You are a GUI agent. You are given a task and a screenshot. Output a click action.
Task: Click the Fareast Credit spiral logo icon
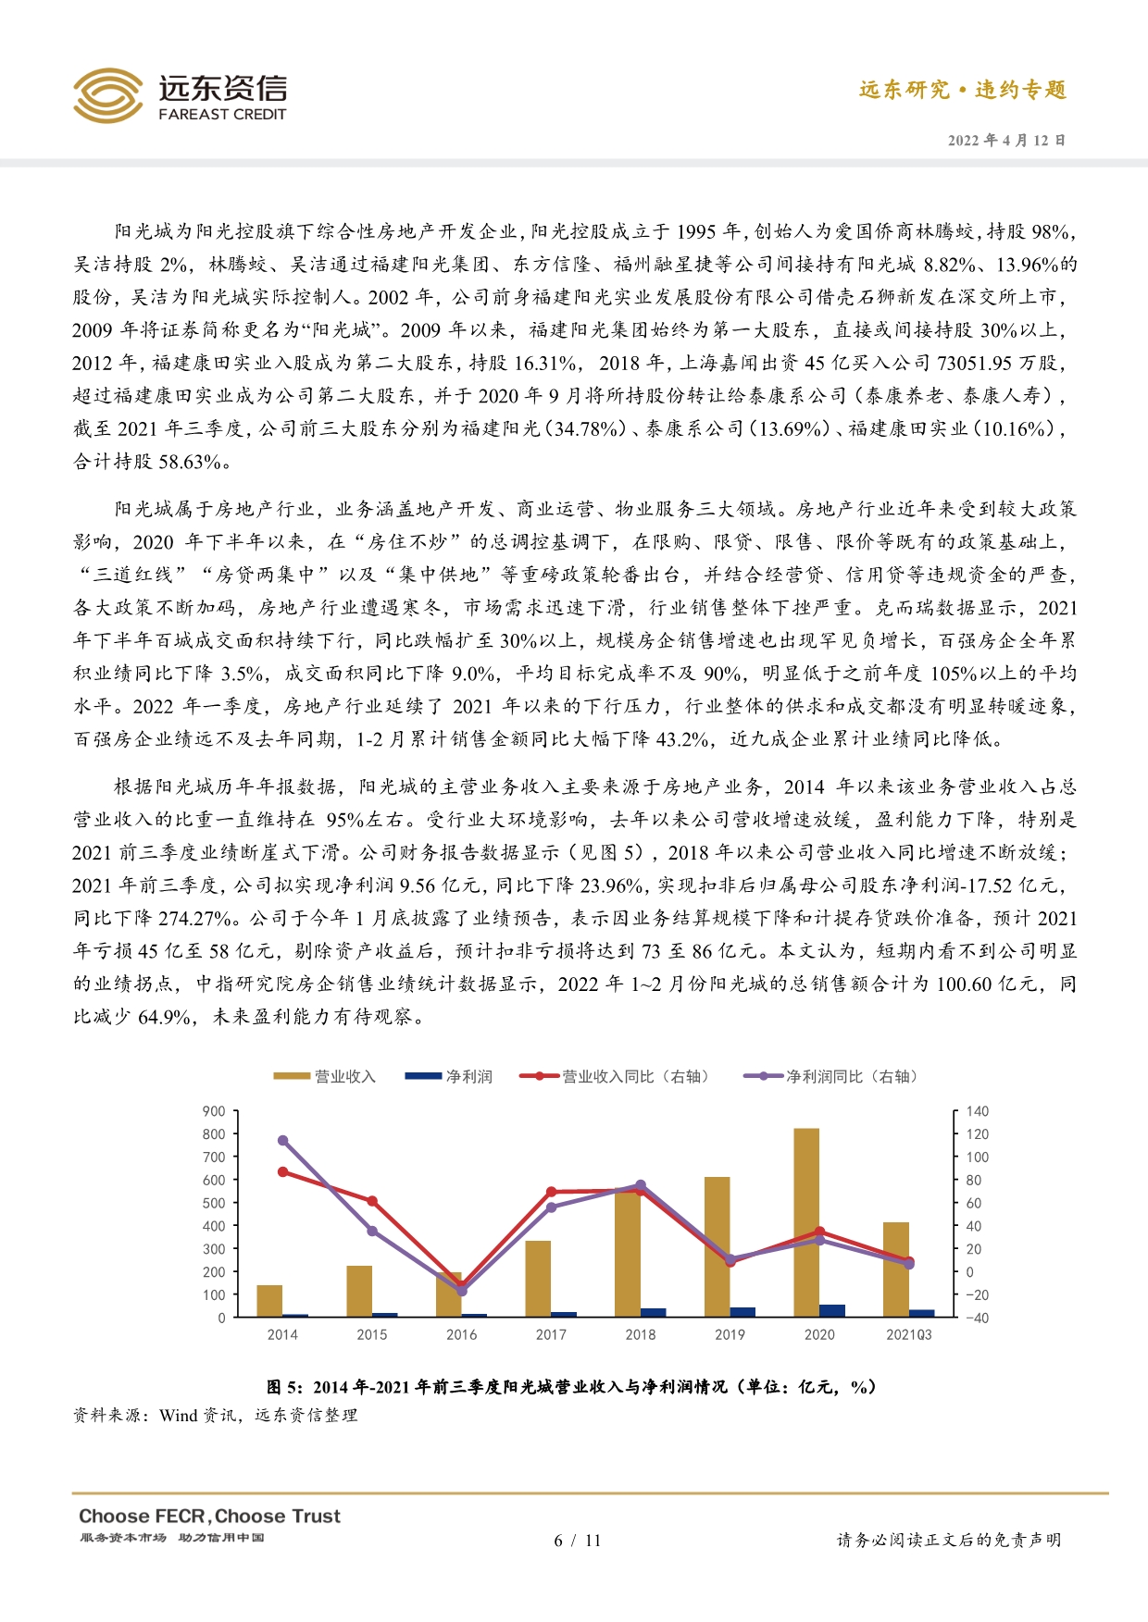pos(108,95)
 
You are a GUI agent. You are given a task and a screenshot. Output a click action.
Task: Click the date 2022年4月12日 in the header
pos(1006,141)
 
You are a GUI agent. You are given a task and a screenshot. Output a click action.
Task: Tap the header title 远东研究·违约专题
pos(963,90)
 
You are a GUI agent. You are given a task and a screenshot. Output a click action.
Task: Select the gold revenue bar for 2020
pos(806,1221)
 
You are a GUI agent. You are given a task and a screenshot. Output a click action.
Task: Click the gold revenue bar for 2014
pos(269,1300)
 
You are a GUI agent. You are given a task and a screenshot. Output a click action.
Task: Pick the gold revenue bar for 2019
pos(717,1245)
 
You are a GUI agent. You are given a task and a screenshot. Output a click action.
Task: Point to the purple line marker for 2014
pos(282,1141)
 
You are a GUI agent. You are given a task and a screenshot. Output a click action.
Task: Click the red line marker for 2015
pos(372,1201)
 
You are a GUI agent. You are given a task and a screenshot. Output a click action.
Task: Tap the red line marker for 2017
pos(551,1192)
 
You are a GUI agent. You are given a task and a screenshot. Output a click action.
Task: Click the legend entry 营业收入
pos(325,1076)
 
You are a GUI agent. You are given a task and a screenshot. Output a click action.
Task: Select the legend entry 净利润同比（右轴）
pos(830,1076)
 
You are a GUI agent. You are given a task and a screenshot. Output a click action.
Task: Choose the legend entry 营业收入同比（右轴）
pos(616,1076)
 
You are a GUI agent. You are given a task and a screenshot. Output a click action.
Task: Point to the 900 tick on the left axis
pos(214,1111)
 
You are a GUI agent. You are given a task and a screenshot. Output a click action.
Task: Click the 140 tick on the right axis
pos(977,1111)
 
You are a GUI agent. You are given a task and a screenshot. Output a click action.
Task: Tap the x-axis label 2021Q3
pos(908,1334)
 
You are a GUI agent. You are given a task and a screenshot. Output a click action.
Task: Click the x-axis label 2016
pos(461,1334)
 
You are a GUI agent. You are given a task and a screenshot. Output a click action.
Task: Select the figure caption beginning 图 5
pos(571,1387)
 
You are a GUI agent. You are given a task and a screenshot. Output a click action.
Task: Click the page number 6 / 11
pos(577,1541)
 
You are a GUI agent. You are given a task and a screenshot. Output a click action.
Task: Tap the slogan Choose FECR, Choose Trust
pos(209,1517)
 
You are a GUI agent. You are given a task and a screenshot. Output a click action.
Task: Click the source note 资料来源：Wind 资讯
pos(216,1415)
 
